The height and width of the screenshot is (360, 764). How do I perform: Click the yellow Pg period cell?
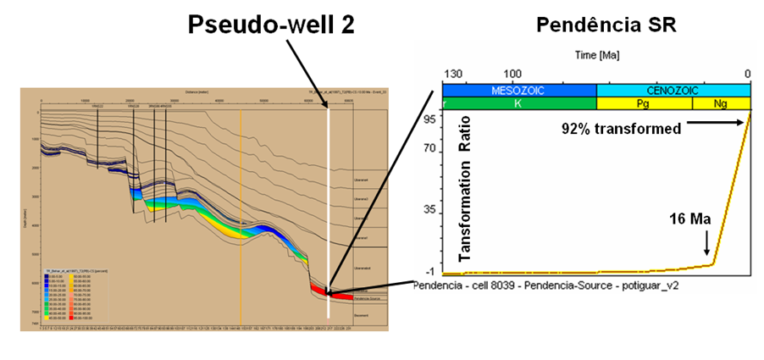(x=645, y=103)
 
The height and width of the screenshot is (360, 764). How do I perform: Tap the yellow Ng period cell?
(x=722, y=103)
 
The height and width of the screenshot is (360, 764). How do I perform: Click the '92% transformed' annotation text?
(x=622, y=129)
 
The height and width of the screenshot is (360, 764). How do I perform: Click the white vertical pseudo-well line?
(x=329, y=212)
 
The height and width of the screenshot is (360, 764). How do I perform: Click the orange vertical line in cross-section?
(x=241, y=212)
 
